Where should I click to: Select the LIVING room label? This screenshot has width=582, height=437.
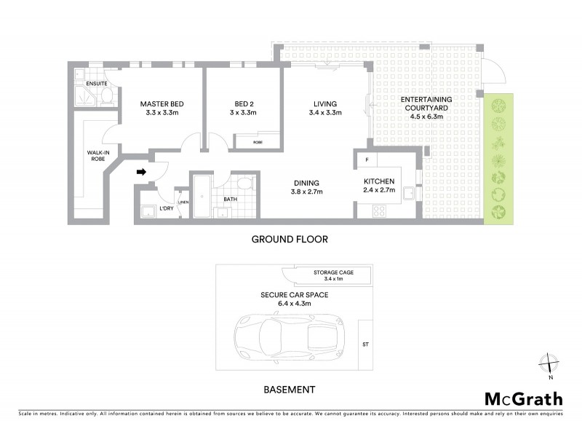click(325, 104)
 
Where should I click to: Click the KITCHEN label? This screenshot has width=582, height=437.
click(379, 181)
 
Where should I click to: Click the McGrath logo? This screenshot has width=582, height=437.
click(523, 398)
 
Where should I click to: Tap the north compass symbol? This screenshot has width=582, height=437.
click(551, 363)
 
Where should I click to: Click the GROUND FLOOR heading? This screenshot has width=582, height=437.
click(290, 239)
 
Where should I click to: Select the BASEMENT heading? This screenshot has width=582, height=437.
click(290, 390)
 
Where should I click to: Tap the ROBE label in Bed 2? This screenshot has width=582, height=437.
click(258, 143)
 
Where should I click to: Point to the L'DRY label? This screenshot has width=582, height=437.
click(167, 209)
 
